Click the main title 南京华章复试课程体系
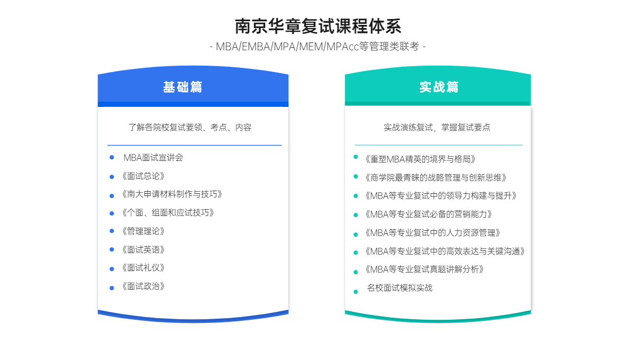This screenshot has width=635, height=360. (x=318, y=26)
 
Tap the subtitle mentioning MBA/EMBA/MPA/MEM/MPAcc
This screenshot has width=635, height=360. (x=318, y=47)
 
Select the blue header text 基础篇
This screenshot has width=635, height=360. (x=183, y=87)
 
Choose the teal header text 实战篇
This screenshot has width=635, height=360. (x=439, y=87)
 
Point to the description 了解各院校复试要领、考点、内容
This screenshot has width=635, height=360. (x=190, y=128)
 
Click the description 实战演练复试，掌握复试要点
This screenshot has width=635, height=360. (x=437, y=128)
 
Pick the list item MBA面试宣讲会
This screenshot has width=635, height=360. (x=153, y=157)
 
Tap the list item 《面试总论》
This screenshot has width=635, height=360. (x=143, y=176)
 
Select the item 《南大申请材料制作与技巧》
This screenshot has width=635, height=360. (x=172, y=194)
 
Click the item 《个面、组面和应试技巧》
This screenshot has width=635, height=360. (x=168, y=212)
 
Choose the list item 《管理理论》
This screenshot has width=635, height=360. (x=143, y=231)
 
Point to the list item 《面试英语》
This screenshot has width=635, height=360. (x=143, y=249)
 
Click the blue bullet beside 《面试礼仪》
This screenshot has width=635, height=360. (x=112, y=269)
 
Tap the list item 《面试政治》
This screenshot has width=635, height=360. (x=143, y=286)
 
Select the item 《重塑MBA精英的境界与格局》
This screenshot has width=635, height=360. (x=420, y=159)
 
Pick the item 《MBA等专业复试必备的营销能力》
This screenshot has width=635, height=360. (x=429, y=214)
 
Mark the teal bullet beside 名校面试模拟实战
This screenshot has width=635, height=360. (x=356, y=292)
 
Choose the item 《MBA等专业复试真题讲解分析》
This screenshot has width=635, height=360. (x=424, y=269)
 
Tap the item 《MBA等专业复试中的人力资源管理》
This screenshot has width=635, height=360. (x=433, y=232)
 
